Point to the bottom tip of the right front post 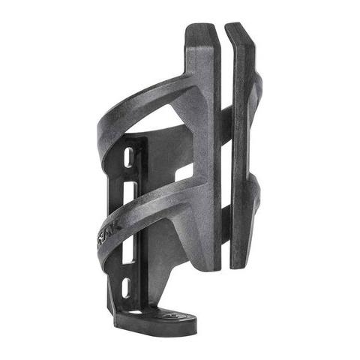241,264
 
